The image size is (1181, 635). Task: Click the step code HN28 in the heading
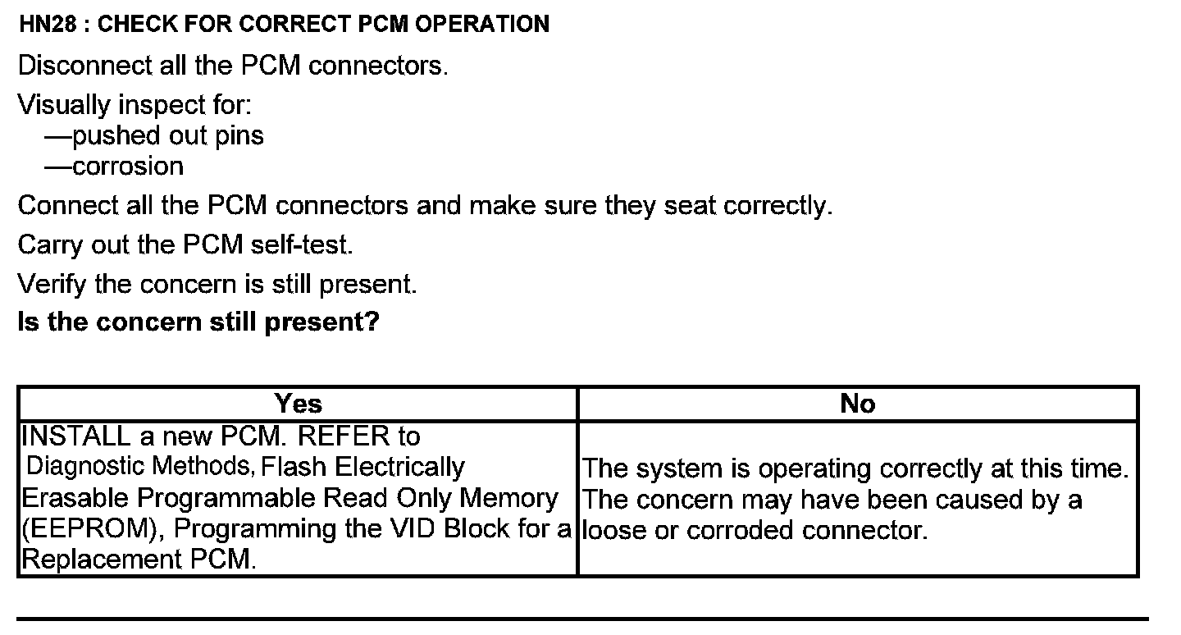49,24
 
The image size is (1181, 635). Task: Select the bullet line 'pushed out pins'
154,135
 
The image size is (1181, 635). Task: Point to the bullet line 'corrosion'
114,167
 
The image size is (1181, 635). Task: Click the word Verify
52,284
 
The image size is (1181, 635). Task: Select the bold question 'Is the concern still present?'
198,321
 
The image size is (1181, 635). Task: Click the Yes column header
299,404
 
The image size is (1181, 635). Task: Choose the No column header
858,404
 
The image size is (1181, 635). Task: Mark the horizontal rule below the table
582,619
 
